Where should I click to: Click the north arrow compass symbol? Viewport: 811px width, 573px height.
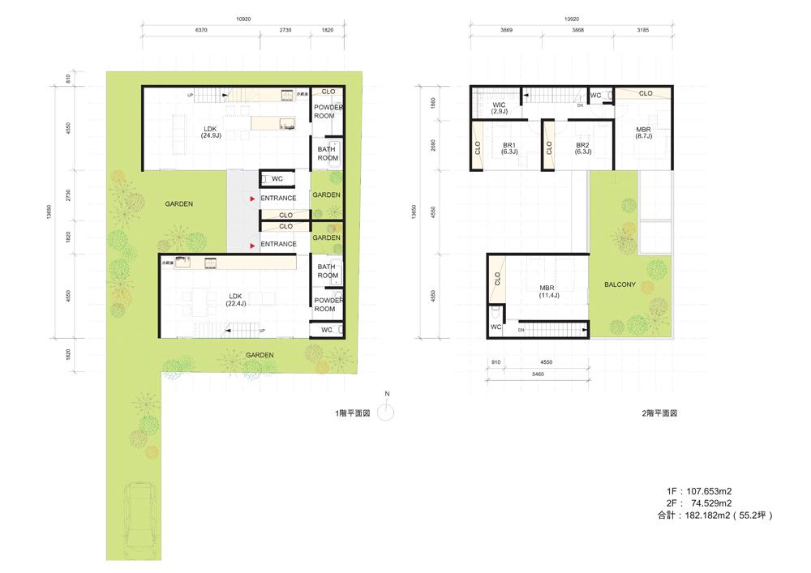pos(388,413)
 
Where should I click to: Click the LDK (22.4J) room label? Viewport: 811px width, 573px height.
pos(236,299)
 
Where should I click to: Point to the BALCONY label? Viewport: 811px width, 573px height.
pos(620,285)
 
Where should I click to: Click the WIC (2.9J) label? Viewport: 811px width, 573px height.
pos(500,108)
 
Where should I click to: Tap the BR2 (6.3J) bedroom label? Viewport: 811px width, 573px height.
pos(582,148)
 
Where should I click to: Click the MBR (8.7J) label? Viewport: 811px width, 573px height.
pos(643,134)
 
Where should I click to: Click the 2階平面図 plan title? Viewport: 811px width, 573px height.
pos(659,413)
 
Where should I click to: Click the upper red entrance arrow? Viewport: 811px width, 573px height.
pos(253,198)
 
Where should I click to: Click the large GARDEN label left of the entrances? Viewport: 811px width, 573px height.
pos(178,204)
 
